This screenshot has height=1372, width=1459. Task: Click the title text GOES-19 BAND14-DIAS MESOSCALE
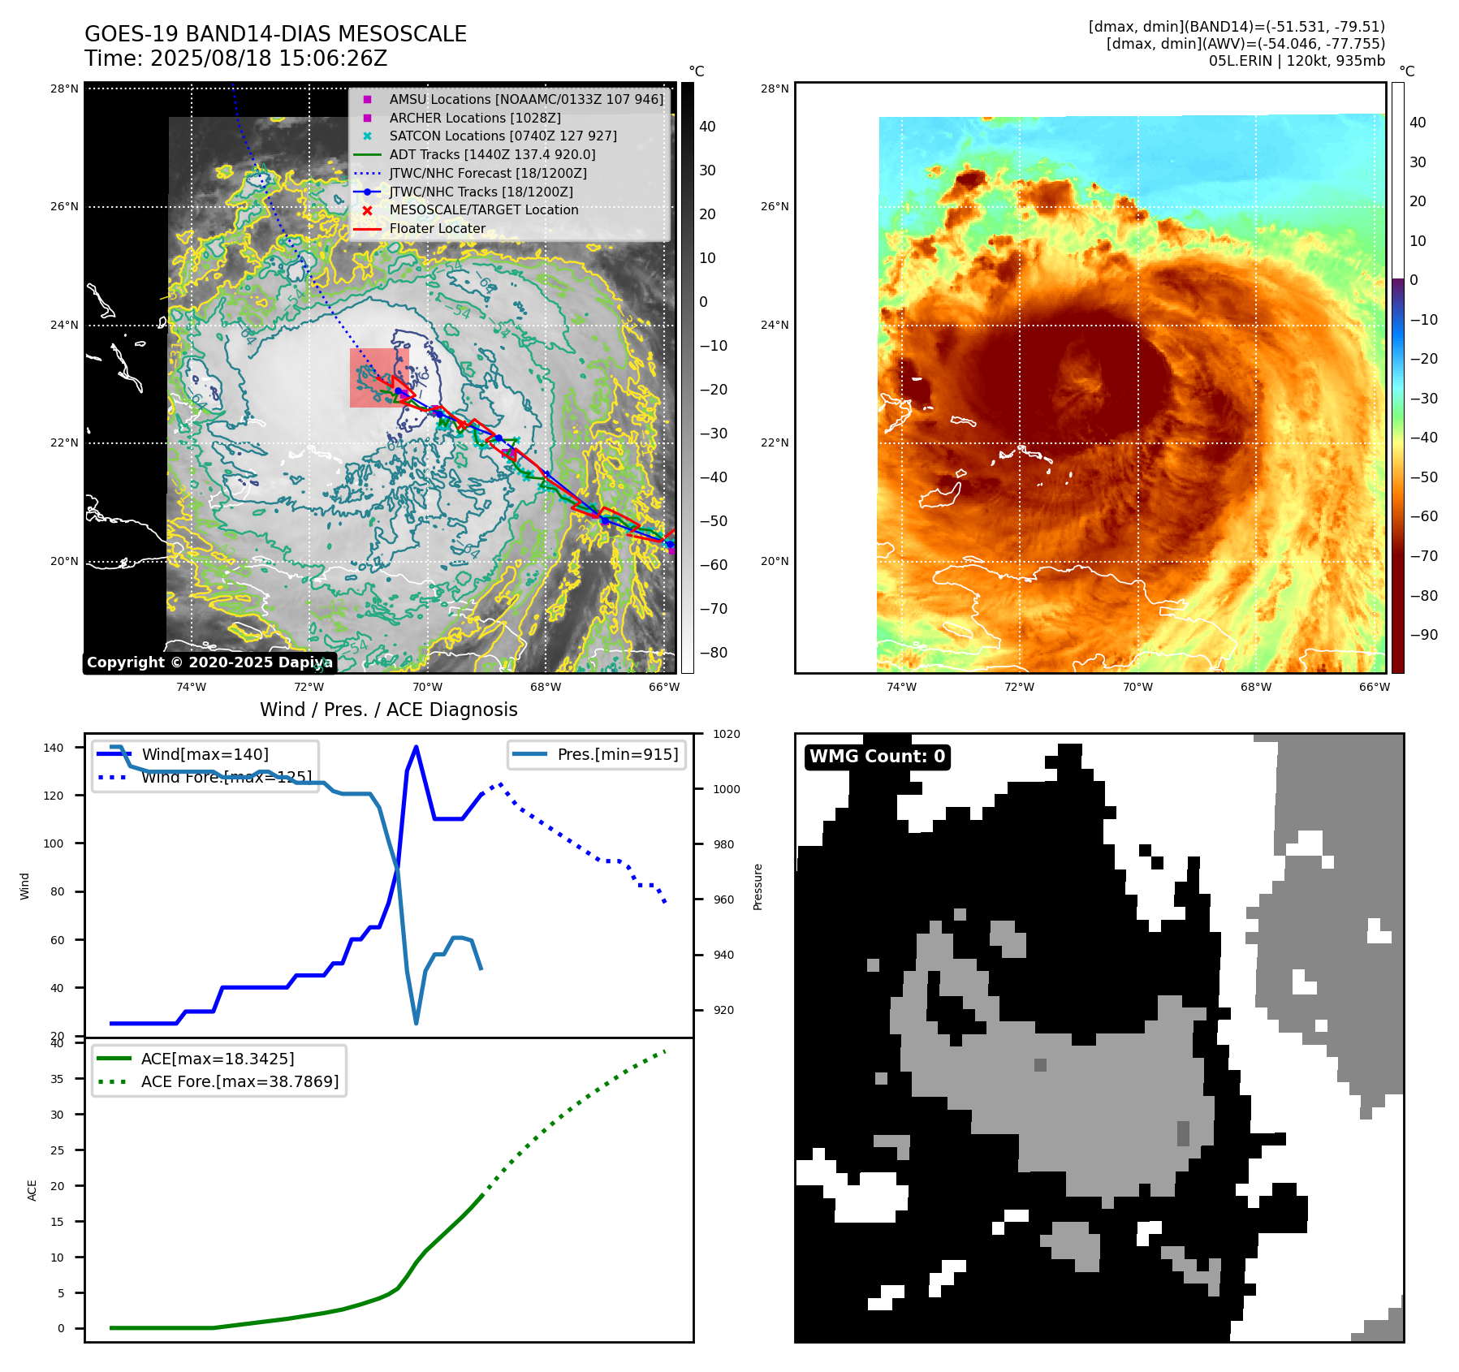tap(275, 34)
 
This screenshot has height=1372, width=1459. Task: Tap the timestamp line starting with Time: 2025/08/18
tap(235, 58)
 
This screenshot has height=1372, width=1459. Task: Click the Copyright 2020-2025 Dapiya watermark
tap(209, 662)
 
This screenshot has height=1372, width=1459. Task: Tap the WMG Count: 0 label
tap(877, 757)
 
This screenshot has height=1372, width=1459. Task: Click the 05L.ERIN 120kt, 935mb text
tap(1297, 61)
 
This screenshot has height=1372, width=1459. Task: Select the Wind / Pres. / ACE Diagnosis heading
tap(388, 710)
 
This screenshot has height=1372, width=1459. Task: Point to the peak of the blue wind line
tap(416, 747)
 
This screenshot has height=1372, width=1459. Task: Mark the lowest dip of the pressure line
tap(416, 1023)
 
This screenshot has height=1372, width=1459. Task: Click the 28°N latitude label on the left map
tap(65, 88)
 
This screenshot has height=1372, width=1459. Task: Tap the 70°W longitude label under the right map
tap(1137, 687)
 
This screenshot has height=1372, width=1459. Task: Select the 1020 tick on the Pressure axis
tap(726, 734)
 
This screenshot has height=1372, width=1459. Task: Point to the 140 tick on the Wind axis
tap(54, 748)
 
